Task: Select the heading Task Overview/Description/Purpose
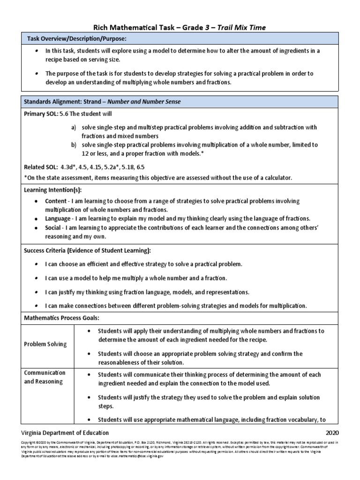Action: click(76, 38)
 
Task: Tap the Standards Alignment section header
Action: click(102, 101)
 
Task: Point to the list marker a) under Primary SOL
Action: click(74, 127)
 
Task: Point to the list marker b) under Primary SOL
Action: click(74, 145)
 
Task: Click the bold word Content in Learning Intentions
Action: click(56, 201)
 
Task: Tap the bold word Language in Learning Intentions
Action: click(58, 218)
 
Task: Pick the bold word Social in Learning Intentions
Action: click(53, 227)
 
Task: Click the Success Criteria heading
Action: click(88, 251)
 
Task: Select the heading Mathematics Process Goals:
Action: click(61, 318)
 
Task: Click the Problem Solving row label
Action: click(45, 344)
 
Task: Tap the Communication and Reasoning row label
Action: click(45, 377)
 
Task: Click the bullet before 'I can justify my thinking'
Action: click(37, 292)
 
